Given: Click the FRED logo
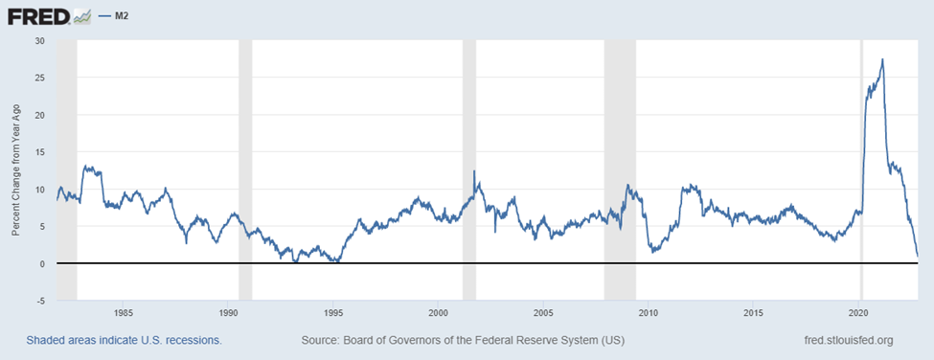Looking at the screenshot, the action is pyautogui.click(x=48, y=16).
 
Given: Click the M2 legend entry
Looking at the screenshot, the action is pyautogui.click(x=115, y=16).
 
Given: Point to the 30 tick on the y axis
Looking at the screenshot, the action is pyautogui.click(x=40, y=40).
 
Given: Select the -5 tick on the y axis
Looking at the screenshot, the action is pyautogui.click(x=41, y=301).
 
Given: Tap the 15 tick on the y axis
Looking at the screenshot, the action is pyautogui.click(x=40, y=151).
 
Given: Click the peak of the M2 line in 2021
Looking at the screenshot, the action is pyautogui.click(x=882, y=59).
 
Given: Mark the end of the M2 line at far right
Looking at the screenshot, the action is pyautogui.click(x=918, y=256).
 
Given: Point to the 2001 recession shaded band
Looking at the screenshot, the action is pyautogui.click(x=469, y=170).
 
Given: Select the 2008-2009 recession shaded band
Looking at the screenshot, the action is pyautogui.click(x=620, y=170).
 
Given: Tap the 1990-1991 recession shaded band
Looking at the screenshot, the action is pyautogui.click(x=245, y=170).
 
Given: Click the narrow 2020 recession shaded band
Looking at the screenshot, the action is pyautogui.click(x=862, y=170).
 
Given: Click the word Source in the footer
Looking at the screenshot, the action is pyautogui.click(x=319, y=341).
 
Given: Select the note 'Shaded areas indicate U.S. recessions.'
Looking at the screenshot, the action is pyautogui.click(x=124, y=341).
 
